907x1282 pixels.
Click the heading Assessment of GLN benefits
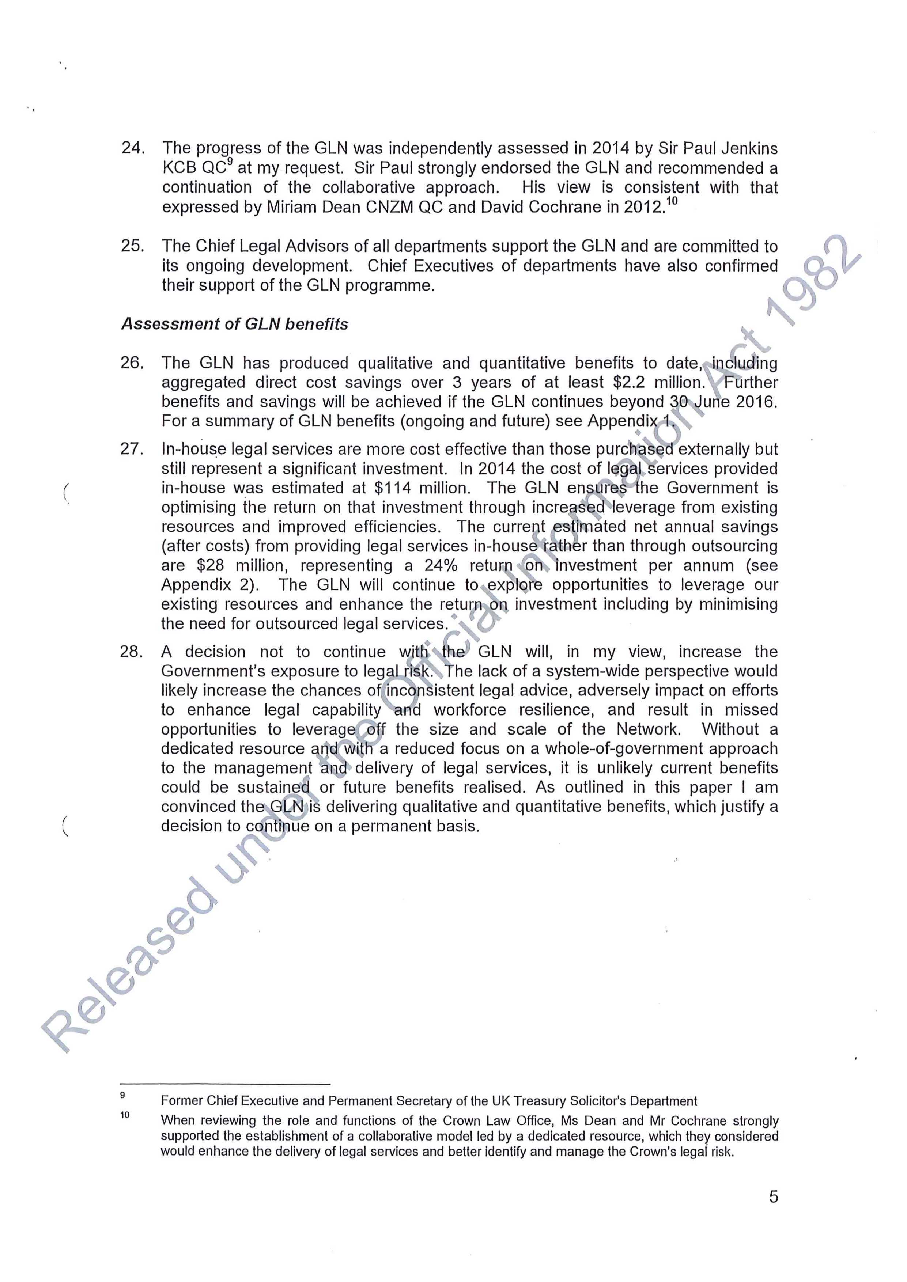tap(235, 325)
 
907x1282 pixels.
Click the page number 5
tap(773, 1212)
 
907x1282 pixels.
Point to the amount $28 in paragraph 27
tap(211, 566)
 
